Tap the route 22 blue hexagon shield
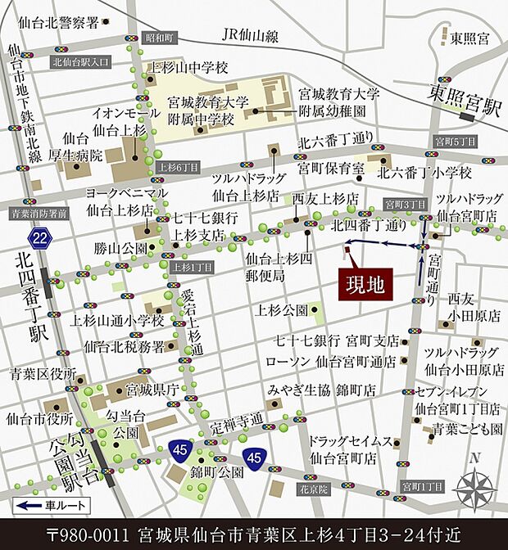[x=39, y=238]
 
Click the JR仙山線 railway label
[x=251, y=35]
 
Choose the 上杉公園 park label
[x=282, y=310]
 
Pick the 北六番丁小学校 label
[x=424, y=173]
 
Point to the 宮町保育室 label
[x=330, y=169]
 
